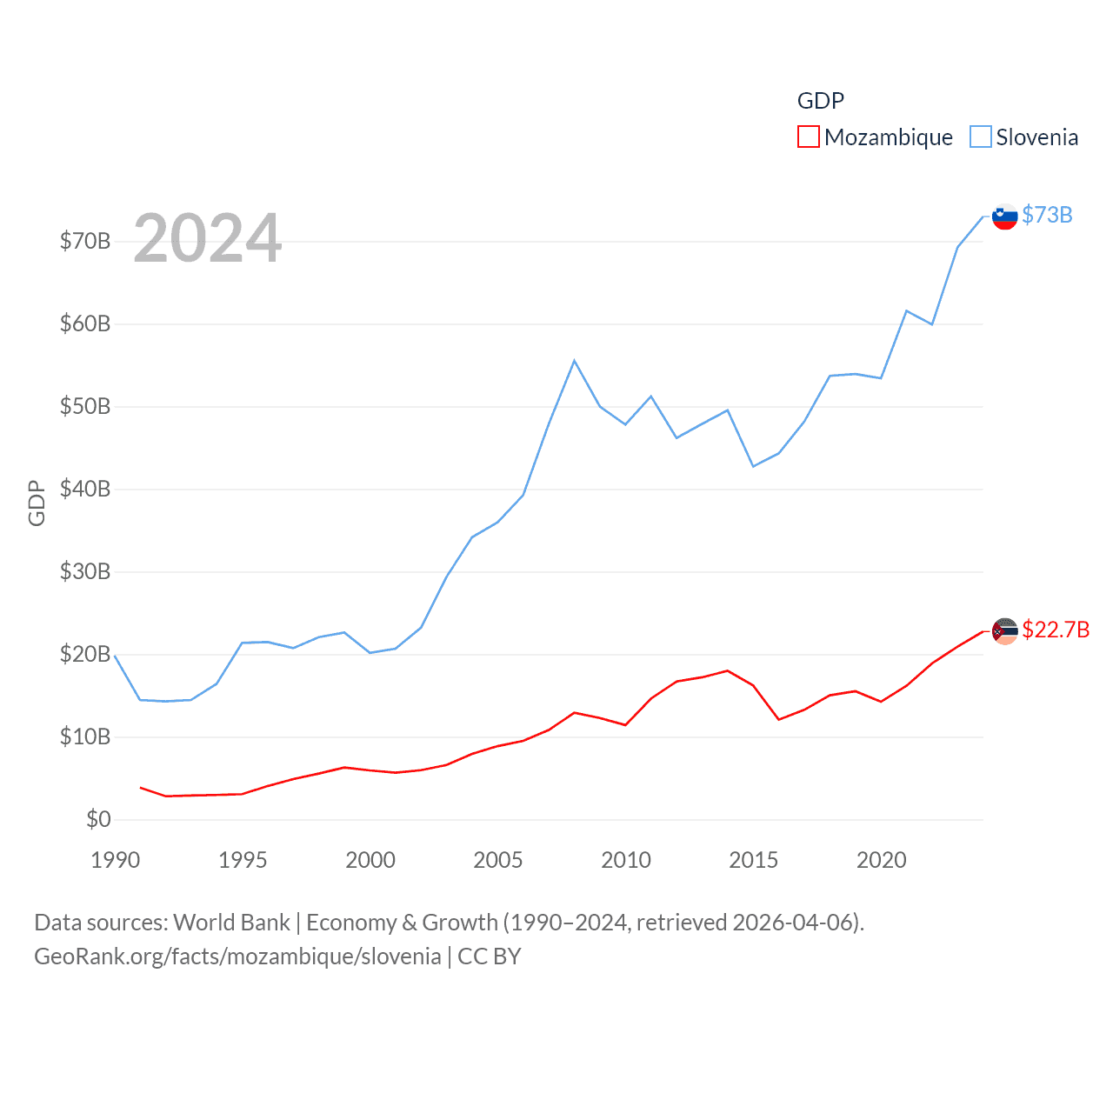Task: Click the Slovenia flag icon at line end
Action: tap(1004, 217)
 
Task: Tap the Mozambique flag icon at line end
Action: tap(1004, 631)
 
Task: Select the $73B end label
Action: tap(1047, 215)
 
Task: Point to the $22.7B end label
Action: tap(1056, 630)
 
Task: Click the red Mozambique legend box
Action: tap(809, 137)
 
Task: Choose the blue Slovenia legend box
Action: tap(980, 137)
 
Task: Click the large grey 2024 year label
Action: tap(208, 237)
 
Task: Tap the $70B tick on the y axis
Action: tap(85, 241)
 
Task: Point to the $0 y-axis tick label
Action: tap(98, 819)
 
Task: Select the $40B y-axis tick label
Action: tap(85, 489)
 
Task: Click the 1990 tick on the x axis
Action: tap(116, 860)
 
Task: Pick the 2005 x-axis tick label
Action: tap(498, 860)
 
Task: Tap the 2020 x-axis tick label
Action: tap(882, 860)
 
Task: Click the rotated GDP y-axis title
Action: tap(37, 503)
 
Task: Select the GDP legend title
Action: tap(821, 101)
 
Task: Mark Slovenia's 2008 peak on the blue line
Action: tap(575, 360)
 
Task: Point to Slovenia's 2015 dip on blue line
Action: tap(753, 467)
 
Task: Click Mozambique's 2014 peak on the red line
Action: tap(727, 670)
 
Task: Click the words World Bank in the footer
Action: tap(232, 922)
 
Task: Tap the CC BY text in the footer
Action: tap(490, 956)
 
